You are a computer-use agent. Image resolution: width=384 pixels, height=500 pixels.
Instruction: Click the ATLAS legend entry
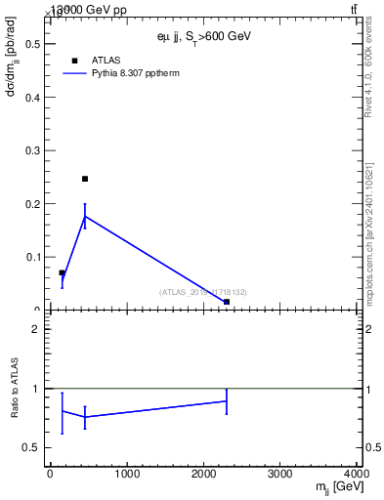[x=106, y=60]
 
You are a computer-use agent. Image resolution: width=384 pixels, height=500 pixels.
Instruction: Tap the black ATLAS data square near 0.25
[x=85, y=179]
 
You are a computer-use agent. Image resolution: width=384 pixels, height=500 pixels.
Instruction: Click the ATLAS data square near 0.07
[x=62, y=273]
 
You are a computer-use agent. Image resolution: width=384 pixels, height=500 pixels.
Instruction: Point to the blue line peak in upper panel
[x=85, y=216]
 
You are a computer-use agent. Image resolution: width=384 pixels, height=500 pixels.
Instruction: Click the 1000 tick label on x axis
[x=126, y=475]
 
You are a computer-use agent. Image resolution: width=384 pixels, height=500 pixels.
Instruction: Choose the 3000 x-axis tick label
[x=280, y=475]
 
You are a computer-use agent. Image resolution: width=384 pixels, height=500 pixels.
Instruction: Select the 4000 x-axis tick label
[x=356, y=475]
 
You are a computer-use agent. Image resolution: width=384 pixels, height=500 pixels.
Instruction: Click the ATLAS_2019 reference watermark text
[x=202, y=292]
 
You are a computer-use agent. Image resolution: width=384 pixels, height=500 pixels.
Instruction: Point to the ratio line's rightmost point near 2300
[x=227, y=400]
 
